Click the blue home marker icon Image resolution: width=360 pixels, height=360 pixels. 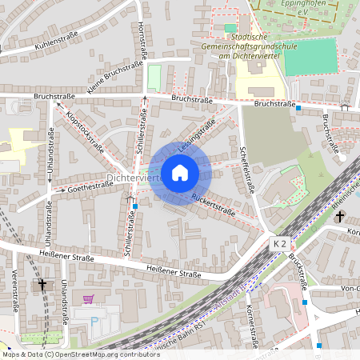click(x=180, y=172)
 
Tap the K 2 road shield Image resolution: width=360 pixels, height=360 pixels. click(x=279, y=242)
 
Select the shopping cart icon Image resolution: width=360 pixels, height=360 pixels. click(x=88, y=299)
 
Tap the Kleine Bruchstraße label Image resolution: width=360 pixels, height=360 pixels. click(x=110, y=80)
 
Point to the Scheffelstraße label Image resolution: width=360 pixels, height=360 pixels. click(x=246, y=170)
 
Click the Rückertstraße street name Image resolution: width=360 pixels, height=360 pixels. click(x=213, y=206)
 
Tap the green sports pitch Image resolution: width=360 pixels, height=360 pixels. click(x=310, y=58)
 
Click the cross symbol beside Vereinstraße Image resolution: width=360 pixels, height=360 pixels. click(x=42, y=284)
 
